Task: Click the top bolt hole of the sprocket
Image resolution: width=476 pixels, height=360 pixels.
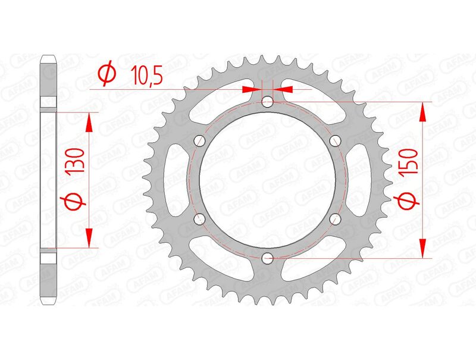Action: [x=267, y=101]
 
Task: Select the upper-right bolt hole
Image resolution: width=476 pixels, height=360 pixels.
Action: [x=335, y=140]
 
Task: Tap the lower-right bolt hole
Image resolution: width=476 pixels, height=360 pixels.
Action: [x=335, y=219]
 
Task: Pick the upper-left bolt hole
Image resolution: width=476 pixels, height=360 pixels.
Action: [x=199, y=140]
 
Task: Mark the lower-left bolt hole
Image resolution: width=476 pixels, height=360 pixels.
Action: [x=199, y=219]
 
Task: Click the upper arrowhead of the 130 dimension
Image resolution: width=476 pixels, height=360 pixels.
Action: [x=89, y=121]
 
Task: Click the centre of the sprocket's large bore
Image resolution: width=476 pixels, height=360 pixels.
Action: [x=267, y=180]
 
